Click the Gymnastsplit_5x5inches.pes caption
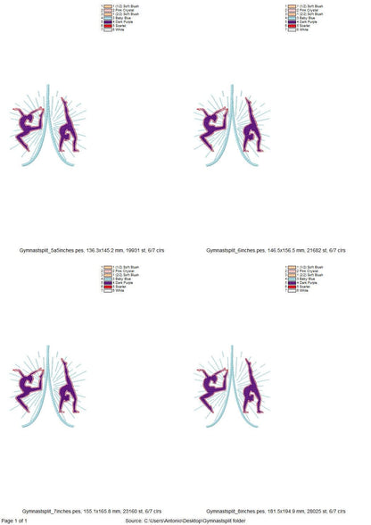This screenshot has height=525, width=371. (x=91, y=254)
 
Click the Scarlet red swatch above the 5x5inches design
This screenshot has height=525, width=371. (x=108, y=26)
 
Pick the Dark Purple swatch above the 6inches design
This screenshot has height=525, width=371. (x=293, y=21)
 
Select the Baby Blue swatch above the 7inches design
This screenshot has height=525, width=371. (x=108, y=278)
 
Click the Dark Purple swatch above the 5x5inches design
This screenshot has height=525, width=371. (x=108, y=21)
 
